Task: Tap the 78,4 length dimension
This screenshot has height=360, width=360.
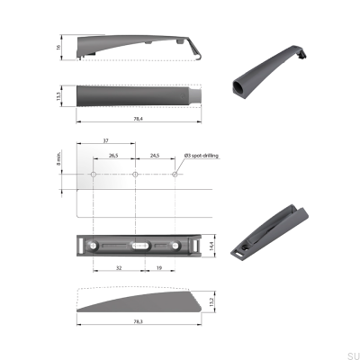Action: (139, 118)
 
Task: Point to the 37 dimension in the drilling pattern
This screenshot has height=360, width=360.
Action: (107, 140)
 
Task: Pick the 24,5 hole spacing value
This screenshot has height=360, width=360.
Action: (154, 156)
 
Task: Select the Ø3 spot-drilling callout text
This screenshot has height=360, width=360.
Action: (202, 156)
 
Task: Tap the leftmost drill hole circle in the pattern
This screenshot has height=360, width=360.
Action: (94, 174)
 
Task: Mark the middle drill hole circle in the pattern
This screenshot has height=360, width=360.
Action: (134, 174)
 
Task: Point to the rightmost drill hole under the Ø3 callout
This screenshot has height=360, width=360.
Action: (175, 174)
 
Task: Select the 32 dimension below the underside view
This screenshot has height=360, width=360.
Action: (119, 267)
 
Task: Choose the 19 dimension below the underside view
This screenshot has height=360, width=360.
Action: (158, 267)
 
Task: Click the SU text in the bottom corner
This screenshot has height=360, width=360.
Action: (353, 355)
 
